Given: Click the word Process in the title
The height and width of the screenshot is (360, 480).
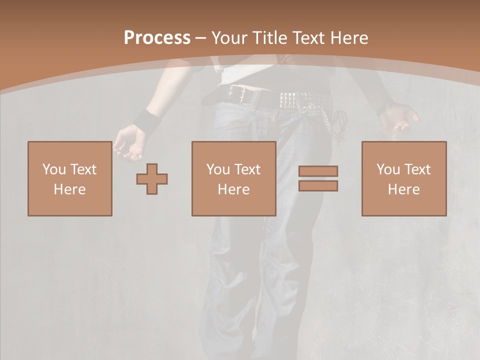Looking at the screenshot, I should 157,37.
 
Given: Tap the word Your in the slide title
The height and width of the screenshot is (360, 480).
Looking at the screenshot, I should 229,37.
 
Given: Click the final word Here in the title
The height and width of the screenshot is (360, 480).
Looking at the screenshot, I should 349,37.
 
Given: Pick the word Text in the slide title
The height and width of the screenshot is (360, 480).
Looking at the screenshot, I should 307,37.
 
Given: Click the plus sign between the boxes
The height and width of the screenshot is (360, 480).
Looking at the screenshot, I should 152,179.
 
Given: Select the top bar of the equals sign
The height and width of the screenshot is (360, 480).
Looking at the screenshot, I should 318,171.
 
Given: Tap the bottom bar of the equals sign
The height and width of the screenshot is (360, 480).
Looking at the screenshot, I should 318,185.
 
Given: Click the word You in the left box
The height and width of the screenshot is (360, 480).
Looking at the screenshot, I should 54,169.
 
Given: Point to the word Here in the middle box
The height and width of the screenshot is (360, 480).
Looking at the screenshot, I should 233,189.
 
